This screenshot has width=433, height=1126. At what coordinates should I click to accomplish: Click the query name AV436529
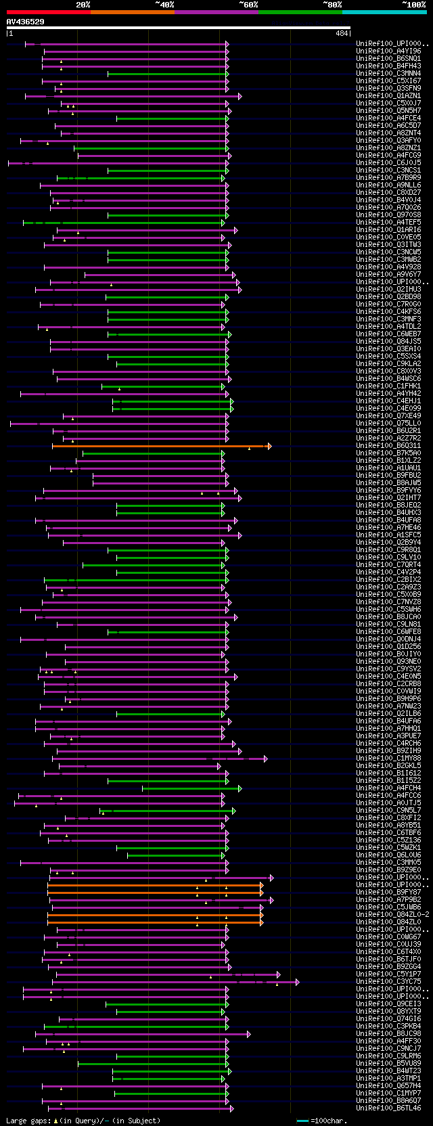26,22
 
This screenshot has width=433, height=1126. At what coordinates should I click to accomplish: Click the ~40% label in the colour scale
164,5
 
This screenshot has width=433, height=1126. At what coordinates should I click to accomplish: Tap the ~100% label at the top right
413,5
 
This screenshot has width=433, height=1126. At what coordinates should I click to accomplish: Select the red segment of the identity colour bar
48,12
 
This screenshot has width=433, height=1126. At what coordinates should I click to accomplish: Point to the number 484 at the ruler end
341,33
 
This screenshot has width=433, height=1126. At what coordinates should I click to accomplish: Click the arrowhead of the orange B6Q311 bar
269,446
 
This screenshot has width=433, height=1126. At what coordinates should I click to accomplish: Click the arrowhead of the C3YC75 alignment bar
297,982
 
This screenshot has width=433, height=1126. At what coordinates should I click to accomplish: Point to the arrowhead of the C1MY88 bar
266,759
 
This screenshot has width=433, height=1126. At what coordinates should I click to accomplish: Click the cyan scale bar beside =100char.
302,1121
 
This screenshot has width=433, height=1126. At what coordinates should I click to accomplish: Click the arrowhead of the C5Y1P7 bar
278,974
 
